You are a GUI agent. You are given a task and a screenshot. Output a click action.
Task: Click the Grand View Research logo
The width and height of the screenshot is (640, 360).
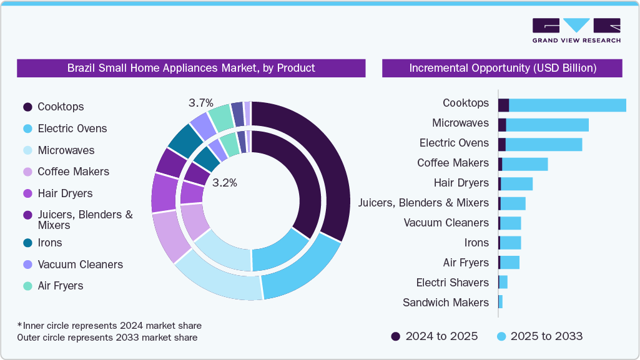(576, 30)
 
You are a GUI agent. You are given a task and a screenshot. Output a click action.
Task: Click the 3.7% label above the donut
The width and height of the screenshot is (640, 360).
(201, 102)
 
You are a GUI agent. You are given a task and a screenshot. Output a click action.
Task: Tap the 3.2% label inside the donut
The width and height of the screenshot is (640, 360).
(225, 183)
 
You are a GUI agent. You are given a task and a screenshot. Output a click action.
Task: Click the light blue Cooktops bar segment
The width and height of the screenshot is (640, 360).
(567, 105)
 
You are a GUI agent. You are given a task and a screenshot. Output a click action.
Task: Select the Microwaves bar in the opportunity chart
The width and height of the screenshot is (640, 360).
(547, 125)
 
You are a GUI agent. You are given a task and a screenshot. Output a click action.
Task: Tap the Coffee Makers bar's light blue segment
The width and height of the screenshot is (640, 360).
(524, 164)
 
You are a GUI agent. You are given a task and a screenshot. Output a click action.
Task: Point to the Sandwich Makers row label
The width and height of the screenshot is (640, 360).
(445, 303)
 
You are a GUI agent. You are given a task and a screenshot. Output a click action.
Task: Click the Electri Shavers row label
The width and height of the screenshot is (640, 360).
(452, 283)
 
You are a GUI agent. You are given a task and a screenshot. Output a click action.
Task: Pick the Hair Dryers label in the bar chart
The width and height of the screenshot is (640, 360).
(461, 183)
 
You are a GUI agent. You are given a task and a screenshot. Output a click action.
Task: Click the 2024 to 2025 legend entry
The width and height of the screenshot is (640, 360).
(435, 336)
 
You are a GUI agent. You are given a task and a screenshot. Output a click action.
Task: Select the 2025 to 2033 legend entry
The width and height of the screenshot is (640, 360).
(539, 336)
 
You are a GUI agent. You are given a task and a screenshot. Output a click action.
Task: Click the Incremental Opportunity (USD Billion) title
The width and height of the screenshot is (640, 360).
(503, 68)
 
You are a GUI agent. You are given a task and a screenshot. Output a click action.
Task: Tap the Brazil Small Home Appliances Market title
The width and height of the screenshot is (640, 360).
(191, 68)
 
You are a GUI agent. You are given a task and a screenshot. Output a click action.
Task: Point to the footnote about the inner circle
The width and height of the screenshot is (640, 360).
(109, 326)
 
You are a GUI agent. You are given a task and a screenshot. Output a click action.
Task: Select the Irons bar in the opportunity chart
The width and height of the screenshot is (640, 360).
(510, 243)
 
